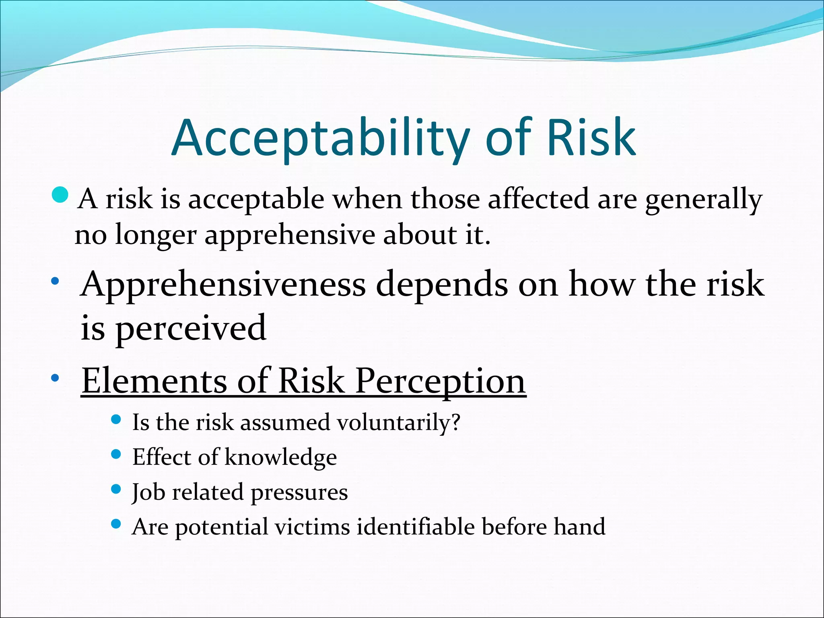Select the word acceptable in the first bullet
pyautogui.click(x=256, y=200)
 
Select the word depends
pyautogui.click(x=441, y=285)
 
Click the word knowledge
pyautogui.click(x=280, y=458)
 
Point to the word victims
pyautogui.click(x=312, y=527)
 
